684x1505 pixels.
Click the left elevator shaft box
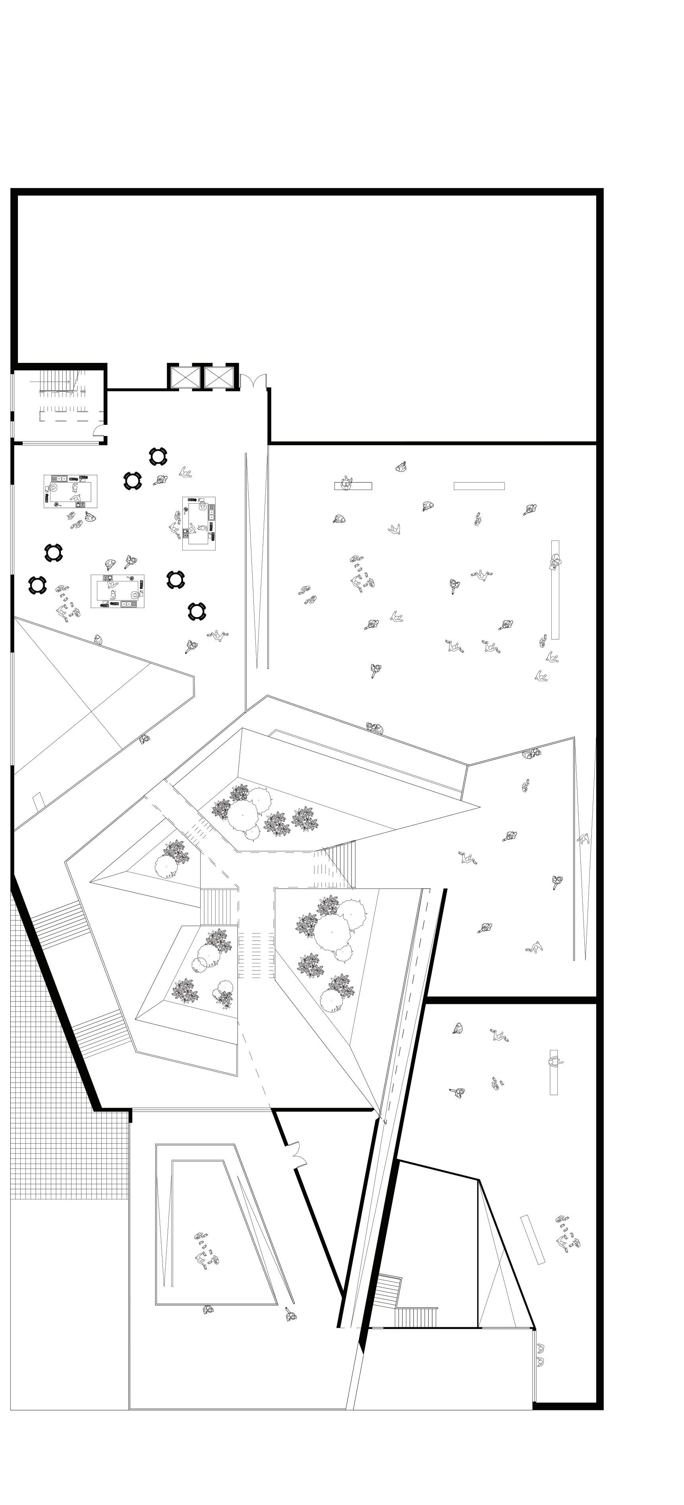[185, 377]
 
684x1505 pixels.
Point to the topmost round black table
[158, 456]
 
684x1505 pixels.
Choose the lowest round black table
[197, 611]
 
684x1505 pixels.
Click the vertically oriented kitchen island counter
[199, 523]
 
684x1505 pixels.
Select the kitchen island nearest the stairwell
[70, 491]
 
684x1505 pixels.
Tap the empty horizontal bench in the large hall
[479, 486]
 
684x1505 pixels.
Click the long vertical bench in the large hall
[555, 589]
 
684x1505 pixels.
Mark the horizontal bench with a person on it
[353, 485]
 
